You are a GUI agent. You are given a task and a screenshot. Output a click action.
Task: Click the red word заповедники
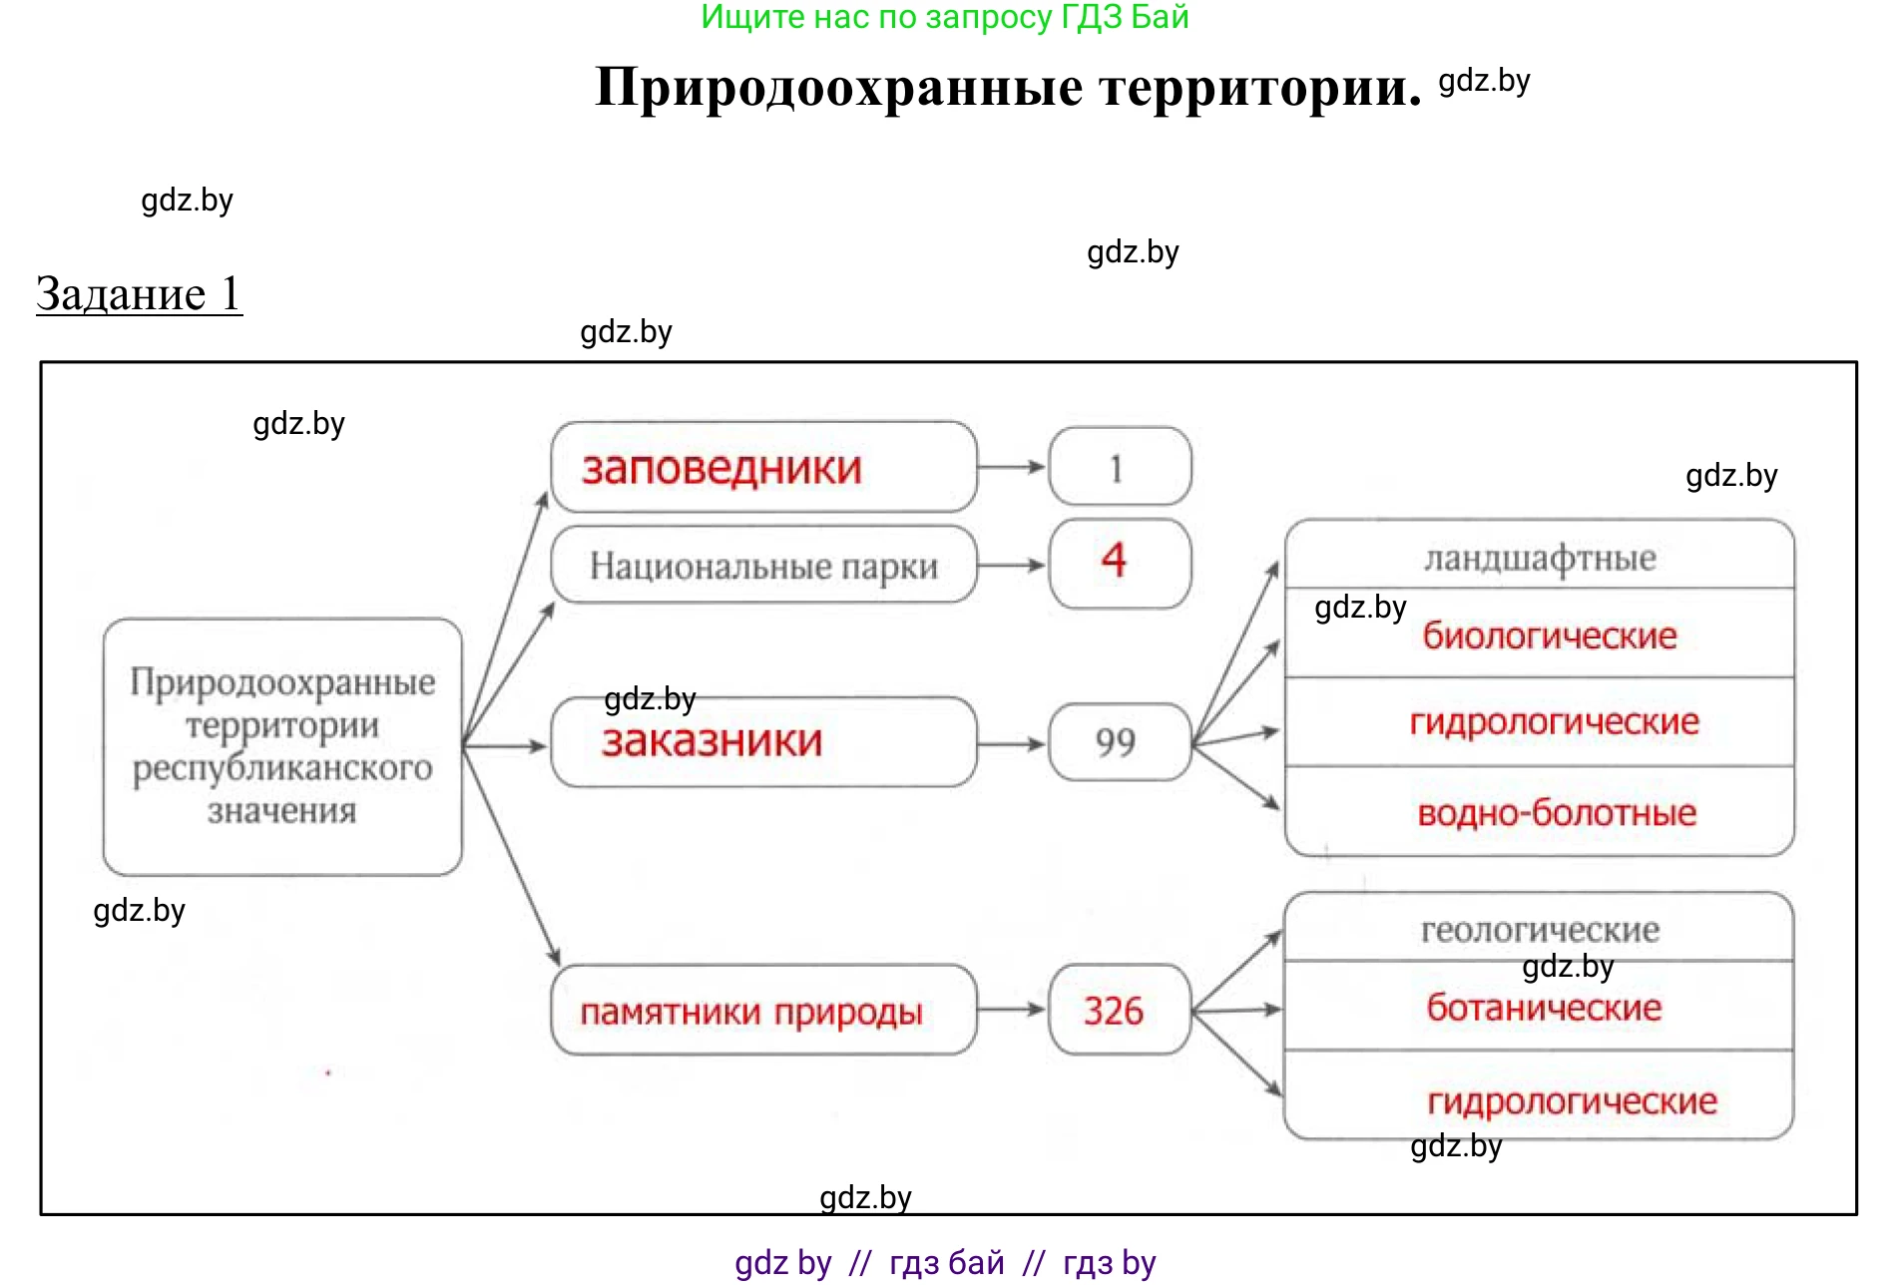[x=721, y=468]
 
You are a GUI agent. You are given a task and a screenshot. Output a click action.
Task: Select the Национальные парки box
[x=763, y=566]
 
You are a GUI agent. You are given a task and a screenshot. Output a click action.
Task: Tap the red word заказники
[x=712, y=741]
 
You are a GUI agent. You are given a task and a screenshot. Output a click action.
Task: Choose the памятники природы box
[x=763, y=1010]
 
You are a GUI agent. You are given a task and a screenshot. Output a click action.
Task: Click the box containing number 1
[x=1120, y=467]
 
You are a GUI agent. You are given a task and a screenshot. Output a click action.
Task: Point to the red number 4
[x=1114, y=560]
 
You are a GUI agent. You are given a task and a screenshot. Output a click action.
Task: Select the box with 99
[x=1118, y=742]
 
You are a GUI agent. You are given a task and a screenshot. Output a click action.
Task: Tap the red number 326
[x=1114, y=1011]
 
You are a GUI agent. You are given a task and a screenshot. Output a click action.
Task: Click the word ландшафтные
[x=1539, y=557]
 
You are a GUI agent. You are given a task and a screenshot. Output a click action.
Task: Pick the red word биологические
[x=1549, y=636]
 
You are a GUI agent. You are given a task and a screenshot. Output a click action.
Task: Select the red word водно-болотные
[x=1556, y=812]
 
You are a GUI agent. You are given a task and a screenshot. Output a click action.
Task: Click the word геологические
[x=1540, y=930]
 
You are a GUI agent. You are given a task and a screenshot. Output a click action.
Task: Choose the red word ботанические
[x=1544, y=1008]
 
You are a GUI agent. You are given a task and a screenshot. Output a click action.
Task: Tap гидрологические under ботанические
[x=1572, y=1101]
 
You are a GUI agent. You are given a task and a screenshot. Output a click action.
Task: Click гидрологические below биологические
[x=1554, y=721]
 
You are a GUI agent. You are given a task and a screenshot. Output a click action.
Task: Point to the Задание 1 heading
[x=139, y=294]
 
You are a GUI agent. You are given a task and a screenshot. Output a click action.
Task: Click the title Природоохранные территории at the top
[x=1008, y=87]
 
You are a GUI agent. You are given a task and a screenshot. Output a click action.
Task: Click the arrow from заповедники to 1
[x=1012, y=467]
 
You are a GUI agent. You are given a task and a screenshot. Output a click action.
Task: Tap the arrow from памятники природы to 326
[x=1012, y=1010]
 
